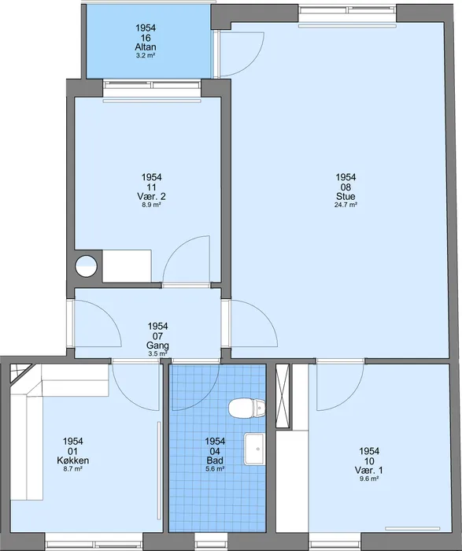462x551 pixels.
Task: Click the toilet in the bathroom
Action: coord(246,409)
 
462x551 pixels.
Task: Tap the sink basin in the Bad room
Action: coord(255,449)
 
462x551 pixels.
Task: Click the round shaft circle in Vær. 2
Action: coord(86,266)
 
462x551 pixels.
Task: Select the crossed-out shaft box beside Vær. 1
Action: coord(283,397)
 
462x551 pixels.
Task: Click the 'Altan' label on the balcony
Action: coord(146,46)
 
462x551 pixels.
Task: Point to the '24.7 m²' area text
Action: coord(346,205)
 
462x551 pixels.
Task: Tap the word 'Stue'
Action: coord(346,196)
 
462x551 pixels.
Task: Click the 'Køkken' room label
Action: coord(72,460)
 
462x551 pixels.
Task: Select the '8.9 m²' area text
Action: coord(151,205)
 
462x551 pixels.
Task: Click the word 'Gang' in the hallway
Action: coord(157,346)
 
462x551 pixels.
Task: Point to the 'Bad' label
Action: coord(215,460)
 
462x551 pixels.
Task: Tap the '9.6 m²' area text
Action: coord(369,479)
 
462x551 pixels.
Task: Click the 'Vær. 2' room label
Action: coord(151,196)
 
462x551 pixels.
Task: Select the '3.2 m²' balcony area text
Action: coord(146,55)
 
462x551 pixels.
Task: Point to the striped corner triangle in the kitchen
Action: coord(20,372)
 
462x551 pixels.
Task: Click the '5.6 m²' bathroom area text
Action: coord(215,468)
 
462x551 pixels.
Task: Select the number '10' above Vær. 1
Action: coord(369,460)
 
